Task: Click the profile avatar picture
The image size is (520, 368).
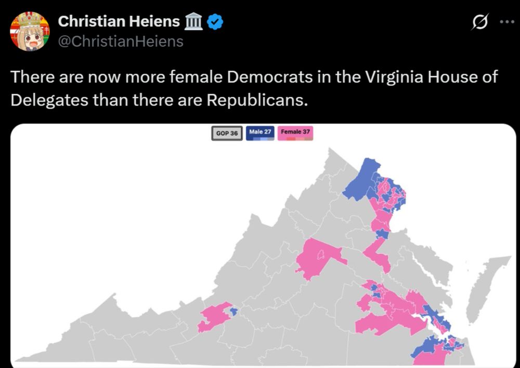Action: (30, 31)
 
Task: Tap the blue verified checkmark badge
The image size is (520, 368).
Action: (216, 22)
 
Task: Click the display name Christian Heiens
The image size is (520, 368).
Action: (119, 22)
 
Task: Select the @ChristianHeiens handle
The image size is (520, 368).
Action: (121, 41)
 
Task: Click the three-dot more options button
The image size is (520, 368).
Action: (506, 22)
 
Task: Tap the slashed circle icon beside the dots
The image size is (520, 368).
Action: (478, 22)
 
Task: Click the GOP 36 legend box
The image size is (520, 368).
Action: (227, 133)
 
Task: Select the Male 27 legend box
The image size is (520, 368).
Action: (261, 133)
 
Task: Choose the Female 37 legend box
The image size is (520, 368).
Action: (295, 133)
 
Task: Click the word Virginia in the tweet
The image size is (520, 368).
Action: (396, 77)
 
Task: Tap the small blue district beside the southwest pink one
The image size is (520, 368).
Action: (233, 312)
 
